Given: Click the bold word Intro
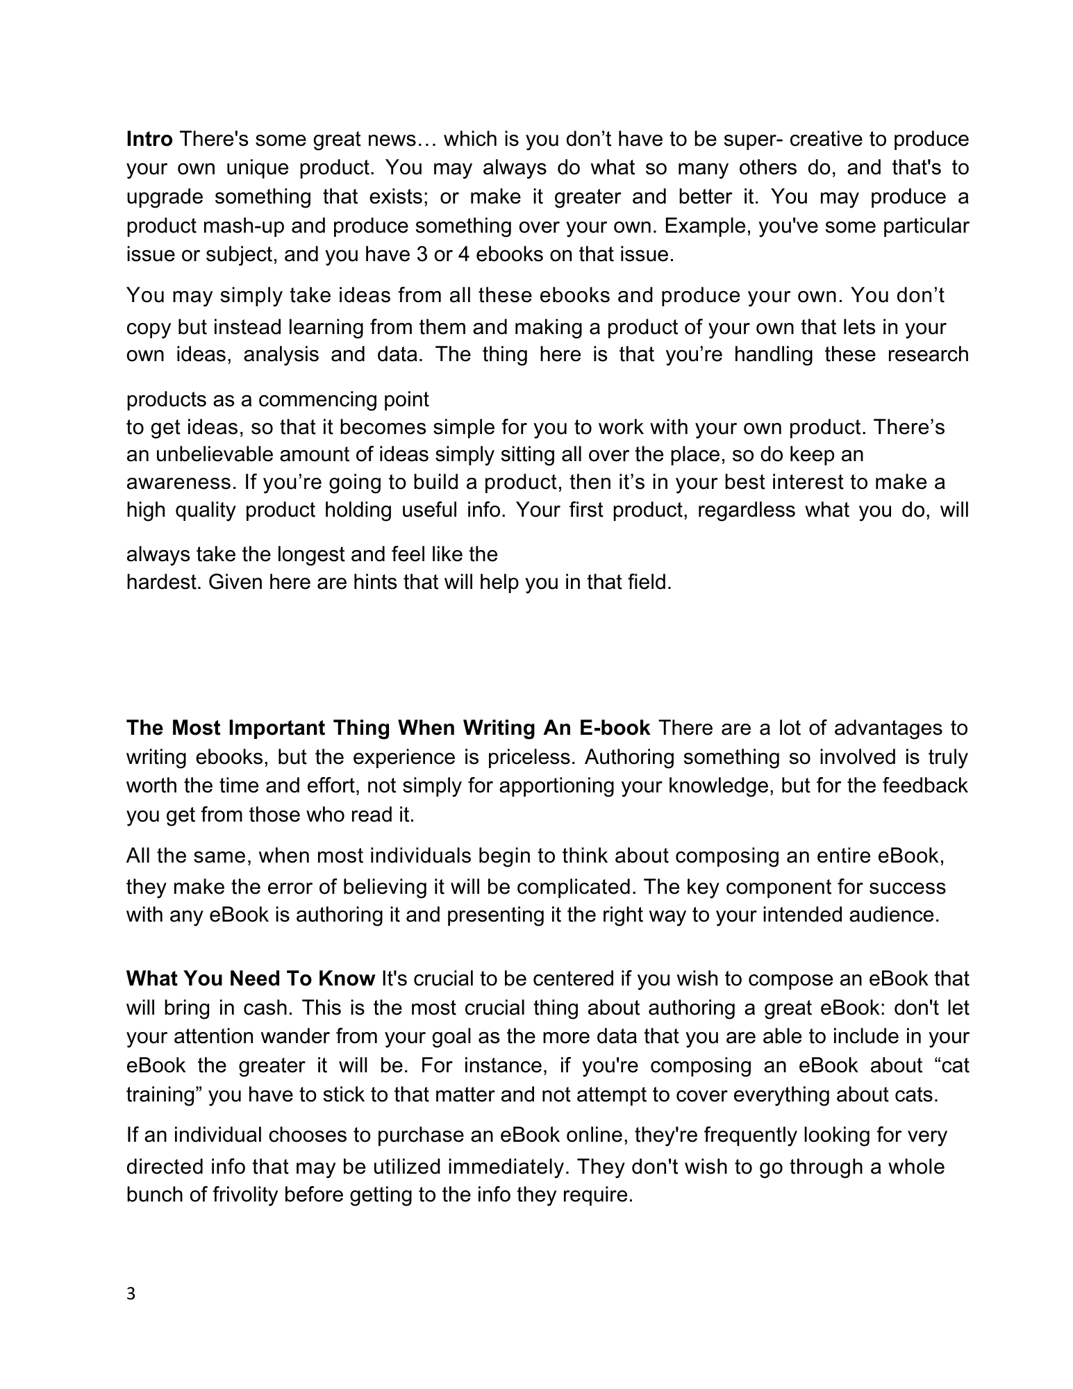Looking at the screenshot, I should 149,140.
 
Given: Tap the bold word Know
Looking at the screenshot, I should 347,979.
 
